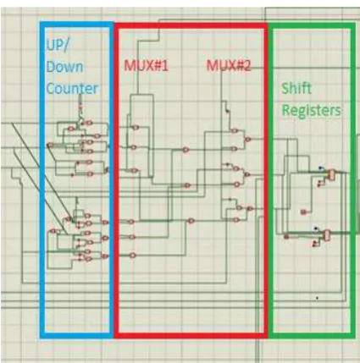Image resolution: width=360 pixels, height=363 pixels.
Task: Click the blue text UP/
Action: pos(57,45)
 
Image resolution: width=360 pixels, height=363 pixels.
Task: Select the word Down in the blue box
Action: pos(64,67)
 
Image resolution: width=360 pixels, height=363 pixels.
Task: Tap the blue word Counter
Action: pos(72,89)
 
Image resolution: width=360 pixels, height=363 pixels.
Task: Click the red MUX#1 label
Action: pos(146,66)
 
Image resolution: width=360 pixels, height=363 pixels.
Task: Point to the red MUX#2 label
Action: pos(229,66)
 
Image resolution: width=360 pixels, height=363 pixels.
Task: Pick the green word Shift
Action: pos(296,88)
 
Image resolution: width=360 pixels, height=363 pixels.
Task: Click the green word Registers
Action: pos(312,110)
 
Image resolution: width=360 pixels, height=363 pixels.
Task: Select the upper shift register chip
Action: pos(331,175)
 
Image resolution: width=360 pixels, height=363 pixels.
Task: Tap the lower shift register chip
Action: pos(326,235)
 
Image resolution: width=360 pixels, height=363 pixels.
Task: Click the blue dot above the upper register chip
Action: pos(320,168)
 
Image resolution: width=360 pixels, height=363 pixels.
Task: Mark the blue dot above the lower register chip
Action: pos(316,228)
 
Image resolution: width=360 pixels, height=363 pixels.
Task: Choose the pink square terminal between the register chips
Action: pos(303,212)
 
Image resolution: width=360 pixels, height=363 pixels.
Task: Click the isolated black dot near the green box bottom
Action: pos(317,298)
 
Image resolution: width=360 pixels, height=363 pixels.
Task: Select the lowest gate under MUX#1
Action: pos(133,256)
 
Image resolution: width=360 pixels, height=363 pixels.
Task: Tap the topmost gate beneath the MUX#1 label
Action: pos(136,128)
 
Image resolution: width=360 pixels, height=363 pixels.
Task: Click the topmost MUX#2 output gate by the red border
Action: pos(247,139)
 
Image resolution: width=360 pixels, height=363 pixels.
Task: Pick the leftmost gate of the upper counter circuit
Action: pos(50,146)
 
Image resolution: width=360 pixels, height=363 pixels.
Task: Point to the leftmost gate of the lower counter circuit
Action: pos(53,231)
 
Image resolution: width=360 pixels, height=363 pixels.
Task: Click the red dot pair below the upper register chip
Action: pos(319,184)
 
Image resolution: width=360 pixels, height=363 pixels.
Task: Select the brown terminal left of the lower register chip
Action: pos(286,236)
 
